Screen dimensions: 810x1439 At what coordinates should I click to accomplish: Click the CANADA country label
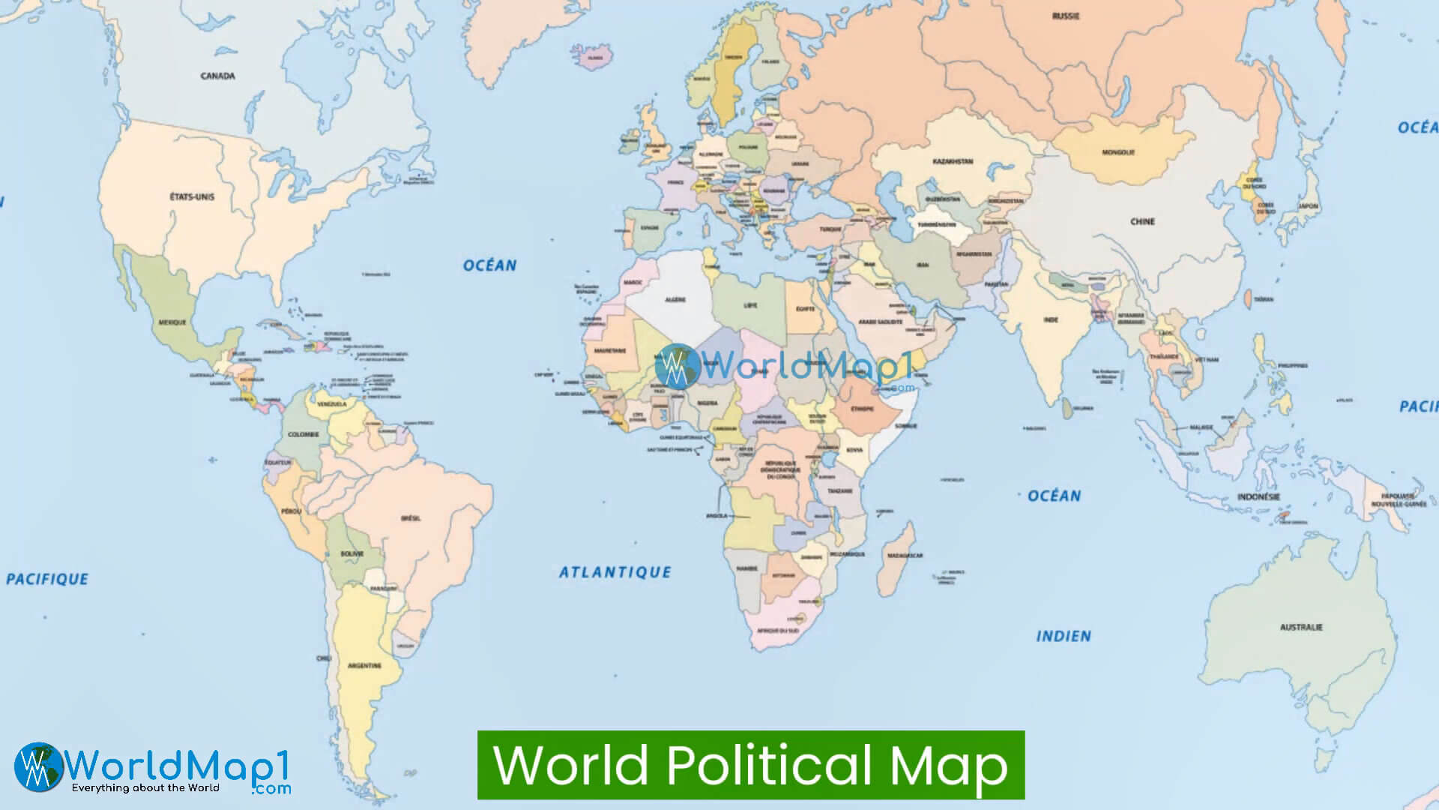pos(217,76)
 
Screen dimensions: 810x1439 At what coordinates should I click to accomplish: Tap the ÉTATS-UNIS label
pos(192,196)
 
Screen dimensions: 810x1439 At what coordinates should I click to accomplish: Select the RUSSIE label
pos(1065,16)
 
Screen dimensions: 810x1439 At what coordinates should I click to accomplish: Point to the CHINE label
pos(1142,221)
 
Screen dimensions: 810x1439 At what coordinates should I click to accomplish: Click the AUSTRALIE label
pos(1301,627)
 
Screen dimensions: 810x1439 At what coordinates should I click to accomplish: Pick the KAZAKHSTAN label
pos(953,161)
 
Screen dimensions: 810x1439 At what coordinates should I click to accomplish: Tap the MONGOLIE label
pos(1118,152)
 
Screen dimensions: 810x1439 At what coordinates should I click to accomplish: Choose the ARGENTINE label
pos(364,665)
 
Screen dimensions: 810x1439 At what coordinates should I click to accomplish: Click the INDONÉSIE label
pos(1258,496)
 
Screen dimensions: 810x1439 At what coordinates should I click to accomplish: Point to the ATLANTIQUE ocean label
pos(615,572)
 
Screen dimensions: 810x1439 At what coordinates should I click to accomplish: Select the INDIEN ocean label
pos(1063,636)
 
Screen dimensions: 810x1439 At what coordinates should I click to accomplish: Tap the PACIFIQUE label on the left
pos(47,579)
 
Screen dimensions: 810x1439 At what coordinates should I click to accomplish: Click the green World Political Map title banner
pos(751,765)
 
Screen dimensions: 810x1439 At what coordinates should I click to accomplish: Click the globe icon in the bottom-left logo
pos(39,766)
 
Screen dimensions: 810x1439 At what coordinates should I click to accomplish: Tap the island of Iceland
pos(597,58)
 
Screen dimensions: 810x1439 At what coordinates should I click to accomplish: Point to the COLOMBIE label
pos(303,434)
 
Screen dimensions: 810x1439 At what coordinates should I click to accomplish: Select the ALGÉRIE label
pos(675,300)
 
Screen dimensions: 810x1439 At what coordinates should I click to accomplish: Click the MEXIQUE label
pos(172,322)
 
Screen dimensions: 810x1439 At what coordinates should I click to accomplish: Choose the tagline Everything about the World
pos(145,788)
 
